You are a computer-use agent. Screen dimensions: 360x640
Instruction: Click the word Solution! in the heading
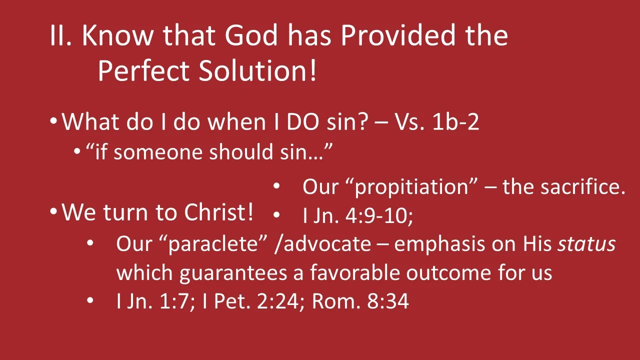click(258, 71)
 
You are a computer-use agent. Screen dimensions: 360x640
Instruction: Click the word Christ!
click(219, 213)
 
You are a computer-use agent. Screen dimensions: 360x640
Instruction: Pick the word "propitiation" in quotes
click(414, 187)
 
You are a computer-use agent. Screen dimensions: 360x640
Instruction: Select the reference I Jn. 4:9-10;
click(357, 215)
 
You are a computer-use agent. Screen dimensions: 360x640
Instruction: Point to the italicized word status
click(586, 244)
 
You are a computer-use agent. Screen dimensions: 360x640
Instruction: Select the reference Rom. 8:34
click(360, 301)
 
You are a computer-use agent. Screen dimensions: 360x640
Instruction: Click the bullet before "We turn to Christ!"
click(53, 212)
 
